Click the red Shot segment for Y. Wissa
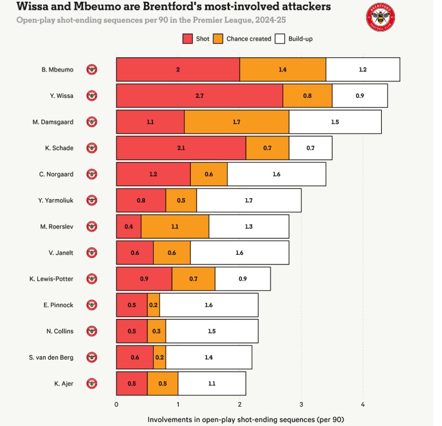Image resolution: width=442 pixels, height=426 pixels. pyautogui.click(x=199, y=96)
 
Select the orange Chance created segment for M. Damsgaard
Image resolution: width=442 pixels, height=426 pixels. pyautogui.click(x=236, y=122)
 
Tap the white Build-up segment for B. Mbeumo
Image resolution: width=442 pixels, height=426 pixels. pyautogui.click(x=362, y=69)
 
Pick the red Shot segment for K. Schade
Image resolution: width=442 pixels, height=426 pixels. pyautogui.click(x=181, y=148)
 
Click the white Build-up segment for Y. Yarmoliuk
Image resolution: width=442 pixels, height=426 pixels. pyautogui.click(x=248, y=200)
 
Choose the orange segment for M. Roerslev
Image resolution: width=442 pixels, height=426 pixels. pyautogui.click(x=175, y=227)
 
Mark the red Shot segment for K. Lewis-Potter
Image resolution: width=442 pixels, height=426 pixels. pyautogui.click(x=144, y=279)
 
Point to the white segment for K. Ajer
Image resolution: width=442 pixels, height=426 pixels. pyautogui.click(x=212, y=384)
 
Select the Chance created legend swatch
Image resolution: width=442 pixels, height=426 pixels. pyautogui.click(x=218, y=39)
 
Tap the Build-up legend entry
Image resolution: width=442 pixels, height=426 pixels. pyautogui.click(x=294, y=39)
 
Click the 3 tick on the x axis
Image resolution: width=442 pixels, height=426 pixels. pyautogui.click(x=301, y=405)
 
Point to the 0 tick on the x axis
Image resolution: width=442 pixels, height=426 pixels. pyautogui.click(x=116, y=405)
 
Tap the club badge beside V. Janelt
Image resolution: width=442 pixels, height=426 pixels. pyautogui.click(x=92, y=253)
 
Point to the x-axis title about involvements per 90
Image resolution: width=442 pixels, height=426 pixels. pyautogui.click(x=245, y=419)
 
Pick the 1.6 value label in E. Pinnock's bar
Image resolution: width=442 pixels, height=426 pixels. pyautogui.click(x=209, y=305)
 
